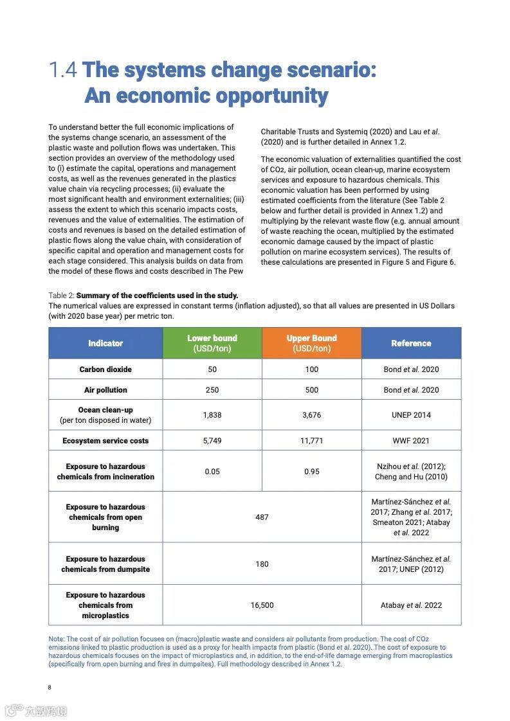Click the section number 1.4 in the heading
63,70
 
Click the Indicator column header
105,343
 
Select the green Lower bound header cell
212,343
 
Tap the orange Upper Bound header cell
312,343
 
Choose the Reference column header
411,343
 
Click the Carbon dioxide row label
105,369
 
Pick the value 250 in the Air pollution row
212,390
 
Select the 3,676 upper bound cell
312,415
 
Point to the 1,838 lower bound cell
212,415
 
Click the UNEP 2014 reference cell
411,415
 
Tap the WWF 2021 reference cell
411,441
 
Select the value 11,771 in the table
312,441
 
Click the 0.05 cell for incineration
212,472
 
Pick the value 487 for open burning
262,517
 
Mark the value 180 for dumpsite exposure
262,564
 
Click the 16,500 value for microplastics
262,605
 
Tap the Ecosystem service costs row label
105,441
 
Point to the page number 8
50,688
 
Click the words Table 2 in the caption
61,296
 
